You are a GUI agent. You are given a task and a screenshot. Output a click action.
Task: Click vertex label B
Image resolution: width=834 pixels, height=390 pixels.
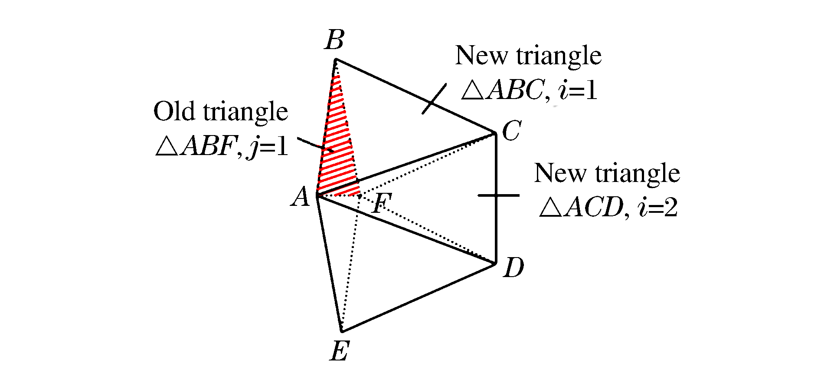[x=335, y=40]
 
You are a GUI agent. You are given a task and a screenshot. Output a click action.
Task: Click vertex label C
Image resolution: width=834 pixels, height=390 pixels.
[x=512, y=130]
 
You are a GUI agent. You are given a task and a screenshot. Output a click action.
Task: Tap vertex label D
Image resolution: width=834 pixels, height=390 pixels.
[x=514, y=267]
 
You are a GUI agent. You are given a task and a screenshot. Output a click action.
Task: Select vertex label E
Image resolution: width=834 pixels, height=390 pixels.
[x=340, y=351]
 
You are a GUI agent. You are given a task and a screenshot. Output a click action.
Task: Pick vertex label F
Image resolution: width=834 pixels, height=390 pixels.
[x=382, y=203]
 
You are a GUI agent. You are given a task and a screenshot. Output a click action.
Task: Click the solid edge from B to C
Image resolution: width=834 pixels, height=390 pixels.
[x=415, y=96]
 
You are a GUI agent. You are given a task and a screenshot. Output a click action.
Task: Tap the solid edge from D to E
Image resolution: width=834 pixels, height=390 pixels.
[x=419, y=297]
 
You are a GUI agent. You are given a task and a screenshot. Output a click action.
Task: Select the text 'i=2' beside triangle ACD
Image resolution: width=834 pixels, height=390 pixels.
[x=657, y=207]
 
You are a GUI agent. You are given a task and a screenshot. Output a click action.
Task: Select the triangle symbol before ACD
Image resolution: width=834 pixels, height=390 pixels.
[x=551, y=207]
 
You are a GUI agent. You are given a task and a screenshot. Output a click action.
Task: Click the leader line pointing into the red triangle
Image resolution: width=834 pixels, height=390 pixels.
[x=315, y=145]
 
